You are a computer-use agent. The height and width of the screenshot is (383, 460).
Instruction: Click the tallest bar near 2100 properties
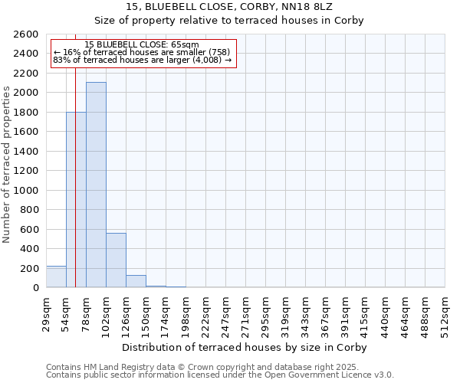tap(96, 185)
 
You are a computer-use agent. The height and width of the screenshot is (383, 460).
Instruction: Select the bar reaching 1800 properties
tap(76, 199)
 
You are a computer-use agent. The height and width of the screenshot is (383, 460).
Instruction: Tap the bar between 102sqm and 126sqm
tap(116, 260)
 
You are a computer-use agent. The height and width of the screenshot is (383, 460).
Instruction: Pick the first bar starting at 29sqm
tap(56, 277)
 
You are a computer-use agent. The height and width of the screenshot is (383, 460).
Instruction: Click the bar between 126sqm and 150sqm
tap(136, 281)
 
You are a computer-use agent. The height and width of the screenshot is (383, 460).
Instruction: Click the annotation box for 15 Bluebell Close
tap(143, 52)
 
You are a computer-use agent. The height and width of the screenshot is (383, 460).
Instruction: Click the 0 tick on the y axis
tap(34, 288)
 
